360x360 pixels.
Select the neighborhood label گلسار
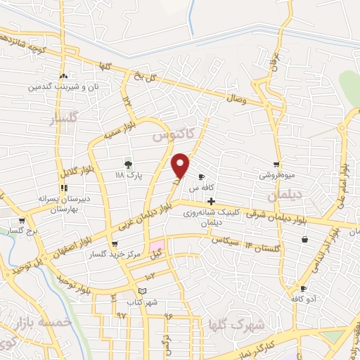tap(62, 120)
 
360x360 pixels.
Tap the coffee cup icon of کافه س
tap(202, 176)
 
